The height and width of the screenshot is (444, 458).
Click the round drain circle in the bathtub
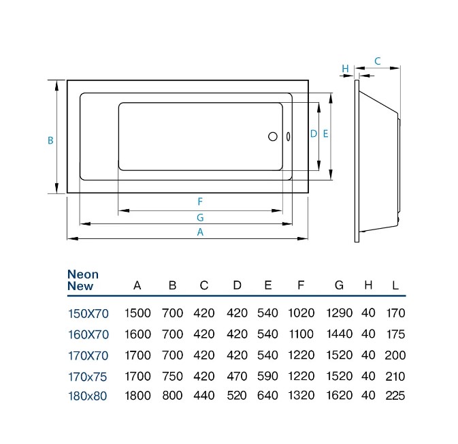click(272, 136)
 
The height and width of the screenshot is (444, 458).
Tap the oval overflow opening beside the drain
click(289, 136)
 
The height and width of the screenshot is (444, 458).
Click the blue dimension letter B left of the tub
click(50, 140)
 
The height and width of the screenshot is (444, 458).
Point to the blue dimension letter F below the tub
click(200, 202)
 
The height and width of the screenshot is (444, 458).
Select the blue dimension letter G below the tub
click(200, 217)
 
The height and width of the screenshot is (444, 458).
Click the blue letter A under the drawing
click(200, 232)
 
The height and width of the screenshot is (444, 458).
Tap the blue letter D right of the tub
click(314, 134)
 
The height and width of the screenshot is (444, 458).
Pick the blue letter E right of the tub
click(325, 134)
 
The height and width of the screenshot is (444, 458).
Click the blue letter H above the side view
click(345, 69)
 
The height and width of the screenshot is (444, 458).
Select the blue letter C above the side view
click(378, 61)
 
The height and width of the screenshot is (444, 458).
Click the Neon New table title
click(83, 280)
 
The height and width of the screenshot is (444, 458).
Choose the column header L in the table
click(395, 285)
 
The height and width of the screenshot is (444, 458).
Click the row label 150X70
click(88, 314)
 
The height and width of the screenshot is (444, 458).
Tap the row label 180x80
click(87, 396)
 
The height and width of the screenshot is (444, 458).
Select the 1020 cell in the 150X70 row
click(301, 313)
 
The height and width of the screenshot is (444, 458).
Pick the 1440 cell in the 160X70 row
click(339, 334)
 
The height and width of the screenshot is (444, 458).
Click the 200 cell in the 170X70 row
click(395, 355)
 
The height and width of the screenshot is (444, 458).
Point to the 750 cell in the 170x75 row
click(172, 376)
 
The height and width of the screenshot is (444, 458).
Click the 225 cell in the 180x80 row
click(395, 396)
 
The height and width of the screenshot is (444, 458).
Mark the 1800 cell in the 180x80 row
click(137, 396)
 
